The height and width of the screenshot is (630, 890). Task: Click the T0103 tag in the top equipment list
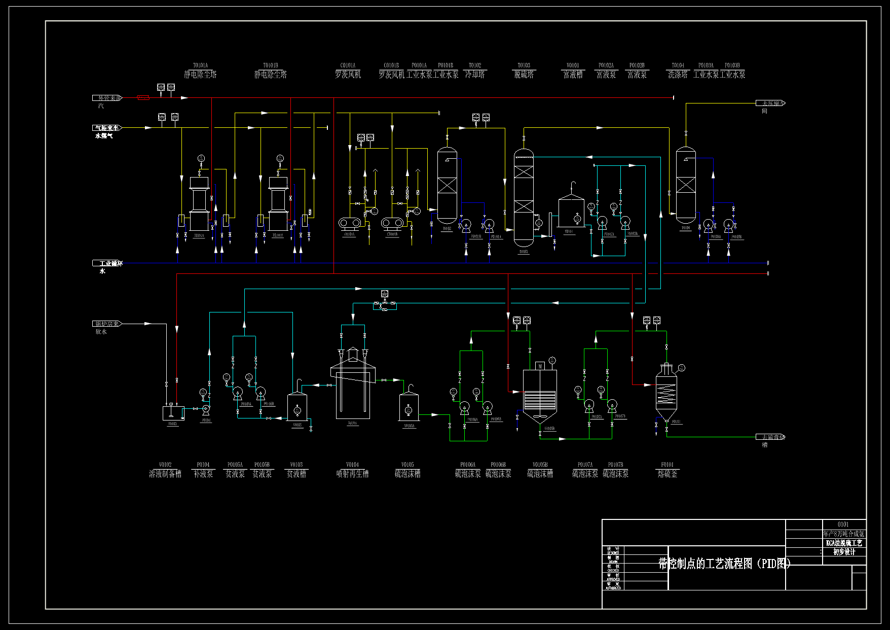click(524, 65)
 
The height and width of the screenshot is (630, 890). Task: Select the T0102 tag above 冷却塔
click(475, 65)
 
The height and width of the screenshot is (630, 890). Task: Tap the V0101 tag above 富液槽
click(573, 65)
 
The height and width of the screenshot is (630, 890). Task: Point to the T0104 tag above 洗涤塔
click(678, 65)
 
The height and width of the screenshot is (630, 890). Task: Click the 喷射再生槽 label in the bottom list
click(352, 474)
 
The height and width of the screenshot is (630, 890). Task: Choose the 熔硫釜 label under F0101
click(667, 474)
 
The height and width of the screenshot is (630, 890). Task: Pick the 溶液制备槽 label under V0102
click(165, 474)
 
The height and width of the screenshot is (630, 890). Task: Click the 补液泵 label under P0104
click(203, 474)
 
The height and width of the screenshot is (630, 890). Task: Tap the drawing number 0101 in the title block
click(843, 524)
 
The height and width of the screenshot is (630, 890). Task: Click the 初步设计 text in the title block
click(844, 552)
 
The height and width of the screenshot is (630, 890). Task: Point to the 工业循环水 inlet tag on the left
click(107, 263)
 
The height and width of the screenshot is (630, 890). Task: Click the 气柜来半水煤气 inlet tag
click(107, 128)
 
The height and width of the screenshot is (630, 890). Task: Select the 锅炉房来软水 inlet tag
click(107, 324)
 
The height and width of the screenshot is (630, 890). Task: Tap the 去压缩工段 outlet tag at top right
click(770, 103)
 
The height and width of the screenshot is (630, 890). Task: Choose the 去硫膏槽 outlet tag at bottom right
click(770, 437)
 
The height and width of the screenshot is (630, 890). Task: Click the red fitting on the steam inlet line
click(143, 97)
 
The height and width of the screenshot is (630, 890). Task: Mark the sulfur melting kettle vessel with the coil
click(666, 391)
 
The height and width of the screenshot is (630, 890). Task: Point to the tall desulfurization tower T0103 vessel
click(524, 198)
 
